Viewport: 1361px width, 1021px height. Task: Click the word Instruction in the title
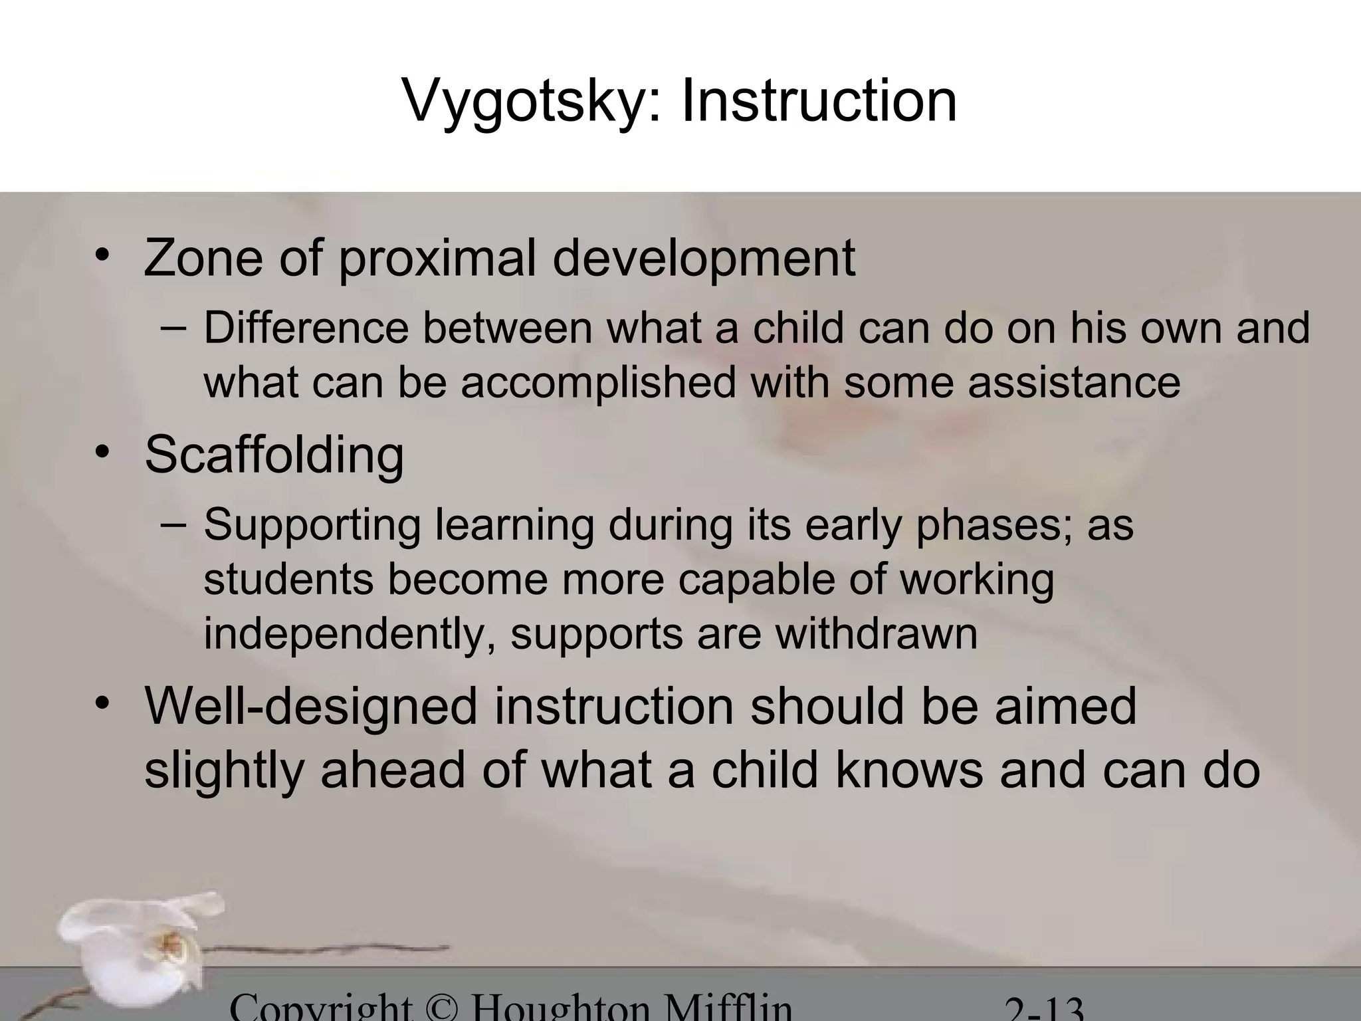click(819, 100)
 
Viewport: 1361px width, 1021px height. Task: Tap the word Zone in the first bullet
click(203, 258)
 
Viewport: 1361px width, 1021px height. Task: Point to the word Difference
click(306, 328)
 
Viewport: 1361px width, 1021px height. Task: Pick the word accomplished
click(598, 384)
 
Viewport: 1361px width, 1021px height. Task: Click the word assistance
click(1074, 383)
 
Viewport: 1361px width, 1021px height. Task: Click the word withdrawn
click(877, 633)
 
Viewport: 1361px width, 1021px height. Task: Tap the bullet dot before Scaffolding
click(101, 453)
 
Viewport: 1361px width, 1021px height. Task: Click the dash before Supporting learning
click(173, 524)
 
